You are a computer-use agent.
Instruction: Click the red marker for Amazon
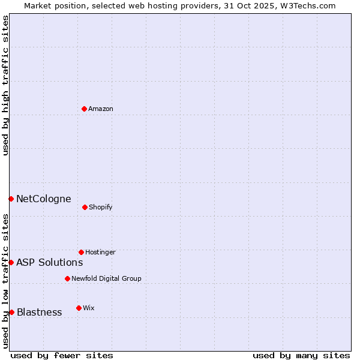(x=85, y=109)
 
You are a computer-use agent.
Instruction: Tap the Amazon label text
(x=101, y=109)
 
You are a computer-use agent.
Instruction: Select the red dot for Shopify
(x=85, y=207)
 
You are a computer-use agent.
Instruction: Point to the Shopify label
(x=101, y=208)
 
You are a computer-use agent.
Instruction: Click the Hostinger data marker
(x=81, y=252)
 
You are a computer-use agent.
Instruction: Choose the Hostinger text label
(x=100, y=253)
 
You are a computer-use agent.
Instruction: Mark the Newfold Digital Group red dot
(x=67, y=278)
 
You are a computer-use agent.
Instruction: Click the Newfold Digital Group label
(x=106, y=279)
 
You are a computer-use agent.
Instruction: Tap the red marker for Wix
(x=79, y=308)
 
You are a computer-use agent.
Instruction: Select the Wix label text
(x=89, y=308)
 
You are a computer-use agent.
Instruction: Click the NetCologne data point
(x=11, y=199)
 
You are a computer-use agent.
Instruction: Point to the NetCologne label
(x=43, y=199)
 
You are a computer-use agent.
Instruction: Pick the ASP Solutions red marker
(x=11, y=262)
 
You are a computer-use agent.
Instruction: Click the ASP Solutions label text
(x=49, y=263)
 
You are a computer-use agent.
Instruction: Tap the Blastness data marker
(x=11, y=312)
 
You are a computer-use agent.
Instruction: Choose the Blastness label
(x=39, y=313)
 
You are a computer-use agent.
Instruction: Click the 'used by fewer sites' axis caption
(x=62, y=356)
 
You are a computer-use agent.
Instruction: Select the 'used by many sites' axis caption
(x=301, y=356)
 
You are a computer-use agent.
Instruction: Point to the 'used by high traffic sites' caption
(x=6, y=85)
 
